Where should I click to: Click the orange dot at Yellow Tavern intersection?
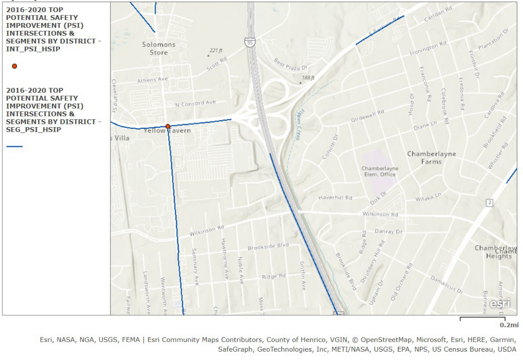click(x=168, y=126)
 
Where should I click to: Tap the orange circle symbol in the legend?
click(x=15, y=66)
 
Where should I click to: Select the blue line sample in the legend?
click(x=15, y=146)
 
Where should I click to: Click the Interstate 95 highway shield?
click(x=250, y=42)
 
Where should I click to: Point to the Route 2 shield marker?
click(x=489, y=203)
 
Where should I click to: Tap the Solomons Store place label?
click(x=159, y=48)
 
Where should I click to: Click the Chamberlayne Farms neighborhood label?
click(x=432, y=158)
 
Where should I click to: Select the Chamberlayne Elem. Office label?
click(x=380, y=171)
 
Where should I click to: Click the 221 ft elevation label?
click(x=216, y=50)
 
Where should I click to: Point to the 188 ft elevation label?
click(x=308, y=78)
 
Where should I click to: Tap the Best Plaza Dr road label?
click(x=291, y=65)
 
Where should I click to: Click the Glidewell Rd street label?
click(x=367, y=116)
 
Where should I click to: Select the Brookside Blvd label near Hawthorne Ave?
click(x=268, y=247)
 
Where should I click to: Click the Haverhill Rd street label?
click(x=335, y=198)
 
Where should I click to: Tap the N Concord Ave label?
click(x=195, y=103)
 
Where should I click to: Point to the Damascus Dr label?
click(x=447, y=285)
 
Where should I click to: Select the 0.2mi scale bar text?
click(x=509, y=325)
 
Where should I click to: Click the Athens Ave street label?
click(x=152, y=80)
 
